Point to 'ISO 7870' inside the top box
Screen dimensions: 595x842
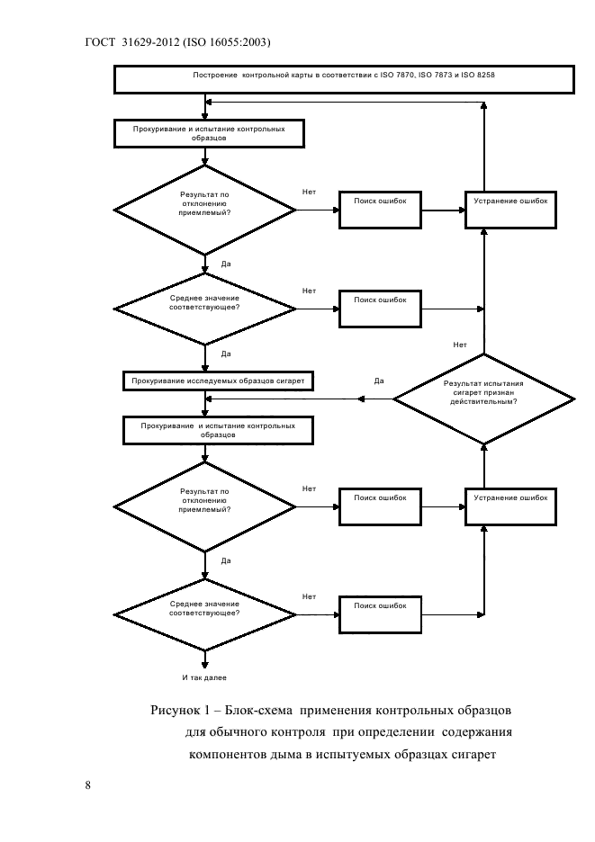pos(397,76)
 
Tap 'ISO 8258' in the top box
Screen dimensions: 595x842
pos(478,76)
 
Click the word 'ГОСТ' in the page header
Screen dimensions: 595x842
pos(100,42)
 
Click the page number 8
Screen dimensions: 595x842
pos(87,785)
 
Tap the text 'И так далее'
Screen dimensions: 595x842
pos(204,677)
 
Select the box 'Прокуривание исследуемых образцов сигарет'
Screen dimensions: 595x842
pos(218,381)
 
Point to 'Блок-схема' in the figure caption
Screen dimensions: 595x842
pos(258,711)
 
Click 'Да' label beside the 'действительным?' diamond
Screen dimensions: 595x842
pos(379,381)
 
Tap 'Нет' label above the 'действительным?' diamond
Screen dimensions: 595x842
pos(460,345)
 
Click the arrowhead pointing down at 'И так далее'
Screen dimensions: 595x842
pos(204,665)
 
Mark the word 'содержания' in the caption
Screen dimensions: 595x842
pos(477,732)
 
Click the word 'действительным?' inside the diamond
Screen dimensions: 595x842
pos(483,402)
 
